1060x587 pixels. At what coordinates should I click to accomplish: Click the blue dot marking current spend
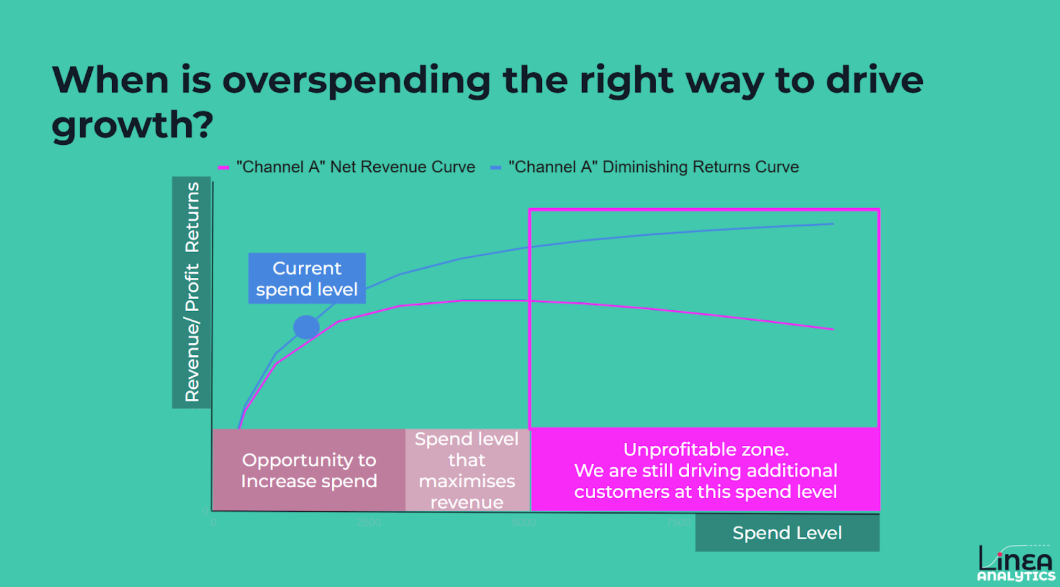click(306, 327)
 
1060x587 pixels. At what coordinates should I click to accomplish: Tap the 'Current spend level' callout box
click(307, 278)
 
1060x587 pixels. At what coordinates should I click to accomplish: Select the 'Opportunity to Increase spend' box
click(309, 470)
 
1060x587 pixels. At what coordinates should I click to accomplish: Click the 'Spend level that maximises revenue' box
click(467, 470)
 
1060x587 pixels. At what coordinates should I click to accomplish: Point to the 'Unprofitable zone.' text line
click(706, 450)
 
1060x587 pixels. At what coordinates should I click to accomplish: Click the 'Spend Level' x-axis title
click(787, 533)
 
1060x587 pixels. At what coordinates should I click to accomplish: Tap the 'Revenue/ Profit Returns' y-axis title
click(192, 292)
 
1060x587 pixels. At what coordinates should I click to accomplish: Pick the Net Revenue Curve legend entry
click(355, 167)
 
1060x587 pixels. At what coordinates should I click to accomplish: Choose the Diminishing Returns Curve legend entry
click(653, 167)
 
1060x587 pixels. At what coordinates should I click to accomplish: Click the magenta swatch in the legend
click(223, 168)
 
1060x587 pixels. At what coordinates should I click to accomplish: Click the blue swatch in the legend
click(496, 168)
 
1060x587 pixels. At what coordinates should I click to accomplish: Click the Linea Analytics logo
click(1016, 563)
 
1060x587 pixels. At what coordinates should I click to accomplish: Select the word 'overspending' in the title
click(356, 80)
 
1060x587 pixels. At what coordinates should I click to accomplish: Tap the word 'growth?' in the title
click(133, 125)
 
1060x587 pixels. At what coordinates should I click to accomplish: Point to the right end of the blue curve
click(833, 224)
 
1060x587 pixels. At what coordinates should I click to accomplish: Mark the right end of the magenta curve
click(833, 329)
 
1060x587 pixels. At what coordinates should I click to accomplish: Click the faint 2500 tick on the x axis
click(368, 522)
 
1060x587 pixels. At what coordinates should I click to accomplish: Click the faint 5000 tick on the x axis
click(523, 522)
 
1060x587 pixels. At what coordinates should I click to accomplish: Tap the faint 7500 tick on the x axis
click(678, 522)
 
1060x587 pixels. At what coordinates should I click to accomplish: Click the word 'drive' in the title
click(875, 80)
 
